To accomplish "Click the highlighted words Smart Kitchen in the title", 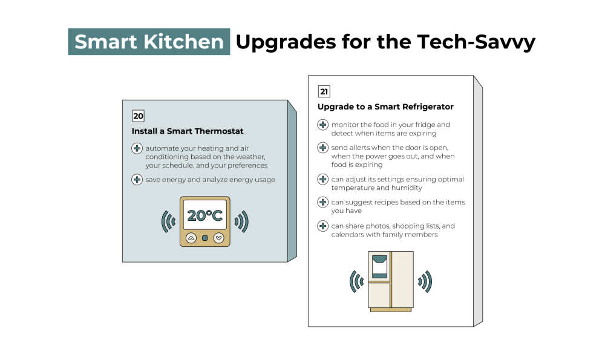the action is pyautogui.click(x=149, y=42).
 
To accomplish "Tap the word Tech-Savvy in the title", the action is pyautogui.click(x=476, y=42).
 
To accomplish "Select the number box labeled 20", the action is pyautogui.click(x=138, y=116).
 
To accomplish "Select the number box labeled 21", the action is pyautogui.click(x=324, y=91).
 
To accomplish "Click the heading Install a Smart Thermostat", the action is pyautogui.click(x=188, y=131).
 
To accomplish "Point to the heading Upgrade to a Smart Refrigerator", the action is pyautogui.click(x=385, y=107).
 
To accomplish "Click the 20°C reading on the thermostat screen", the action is pyautogui.click(x=205, y=215).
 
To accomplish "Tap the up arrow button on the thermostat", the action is pyautogui.click(x=191, y=238).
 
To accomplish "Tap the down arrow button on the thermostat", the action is pyautogui.click(x=219, y=238).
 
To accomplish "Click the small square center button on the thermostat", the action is pyautogui.click(x=205, y=238).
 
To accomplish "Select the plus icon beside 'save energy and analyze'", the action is pyautogui.click(x=137, y=180).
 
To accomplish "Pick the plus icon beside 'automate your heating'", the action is pyautogui.click(x=137, y=148).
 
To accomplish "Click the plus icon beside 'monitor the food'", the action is pyautogui.click(x=323, y=125).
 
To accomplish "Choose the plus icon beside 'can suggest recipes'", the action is pyautogui.click(x=323, y=202).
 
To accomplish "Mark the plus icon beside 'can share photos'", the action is pyautogui.click(x=323, y=226).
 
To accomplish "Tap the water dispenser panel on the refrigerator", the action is pyautogui.click(x=380, y=267).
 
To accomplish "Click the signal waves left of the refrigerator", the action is pyautogui.click(x=356, y=282).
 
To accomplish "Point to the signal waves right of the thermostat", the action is pyautogui.click(x=241, y=221).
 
